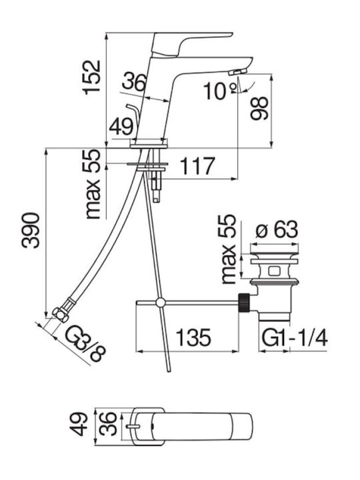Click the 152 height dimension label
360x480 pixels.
click(x=91, y=77)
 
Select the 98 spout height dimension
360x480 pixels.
click(x=259, y=108)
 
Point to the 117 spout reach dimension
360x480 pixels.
click(x=197, y=165)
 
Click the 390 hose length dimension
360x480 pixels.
click(x=30, y=231)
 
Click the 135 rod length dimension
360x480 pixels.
click(x=194, y=337)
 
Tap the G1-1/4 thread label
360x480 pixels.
click(x=295, y=337)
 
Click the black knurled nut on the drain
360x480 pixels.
click(x=243, y=303)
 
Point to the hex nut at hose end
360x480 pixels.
click(x=61, y=315)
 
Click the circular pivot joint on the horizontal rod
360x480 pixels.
click(x=161, y=303)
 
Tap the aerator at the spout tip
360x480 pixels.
click(x=237, y=72)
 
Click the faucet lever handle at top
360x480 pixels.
click(x=192, y=44)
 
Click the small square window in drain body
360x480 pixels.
click(x=273, y=271)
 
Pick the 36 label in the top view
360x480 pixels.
click(x=109, y=424)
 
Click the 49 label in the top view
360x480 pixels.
click(x=78, y=424)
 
